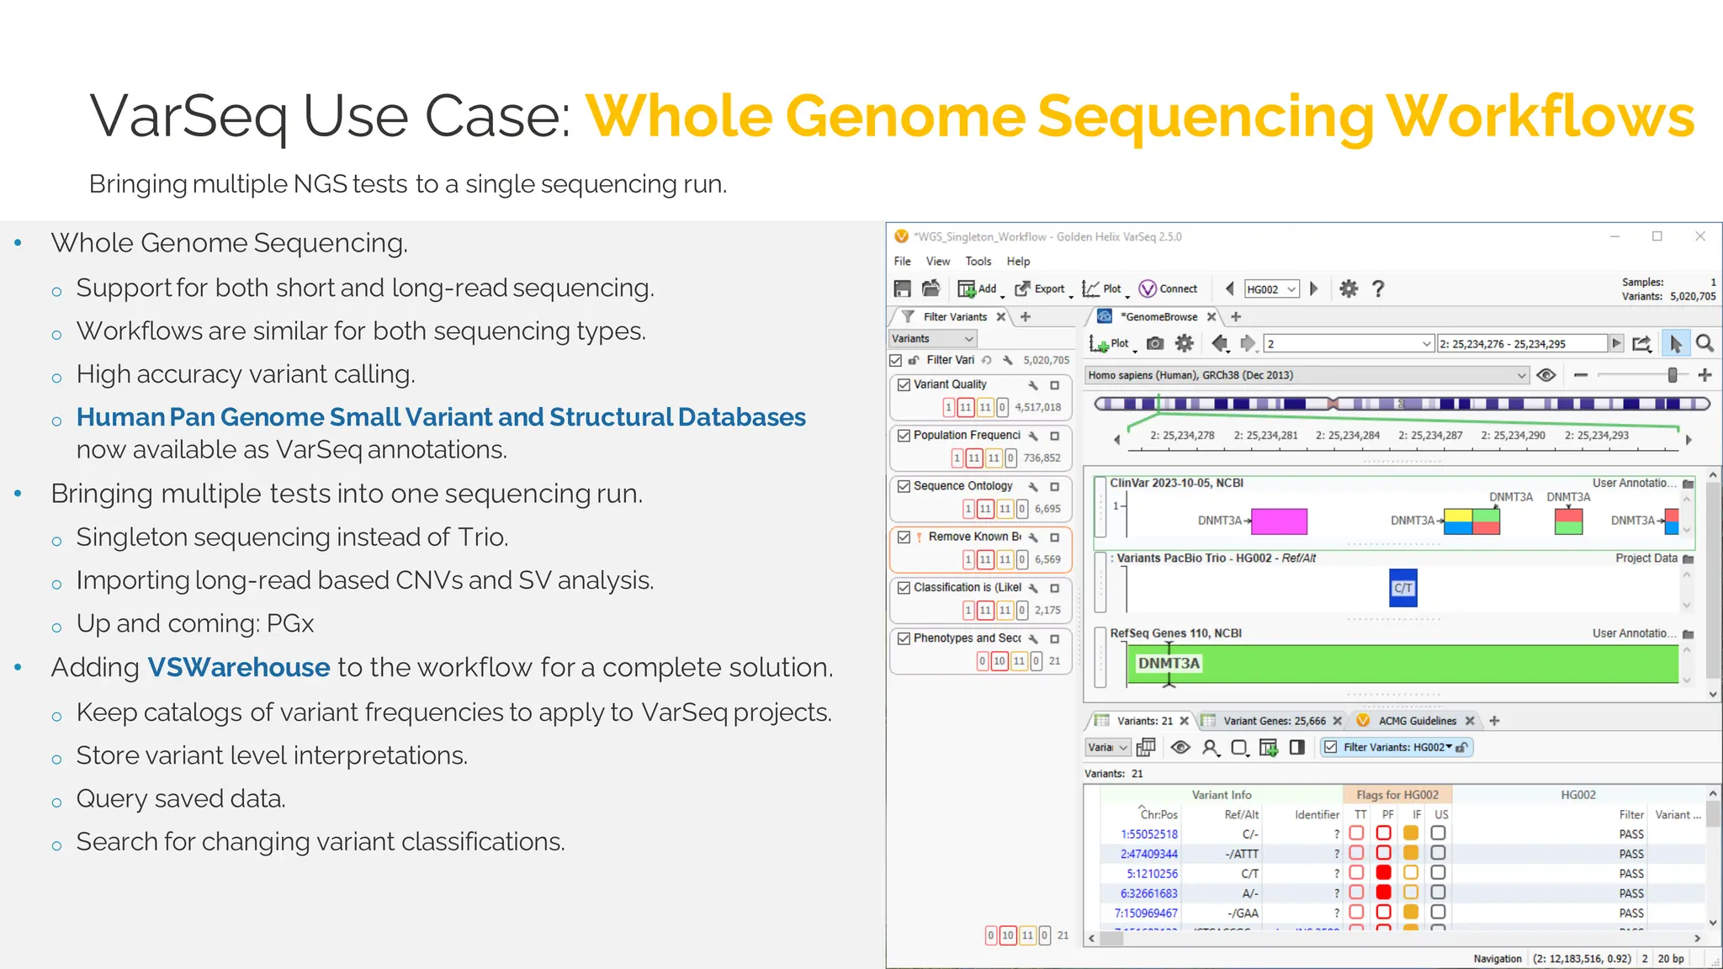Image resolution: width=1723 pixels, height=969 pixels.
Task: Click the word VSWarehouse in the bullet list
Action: pyautogui.click(x=239, y=668)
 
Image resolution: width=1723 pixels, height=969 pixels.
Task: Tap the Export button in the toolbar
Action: pyautogui.click(x=1041, y=289)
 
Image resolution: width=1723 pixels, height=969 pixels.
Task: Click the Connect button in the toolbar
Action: pyautogui.click(x=1169, y=289)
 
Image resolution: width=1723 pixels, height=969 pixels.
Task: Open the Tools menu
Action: pyautogui.click(x=978, y=262)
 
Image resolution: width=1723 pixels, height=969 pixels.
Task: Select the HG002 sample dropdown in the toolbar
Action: pyautogui.click(x=1271, y=289)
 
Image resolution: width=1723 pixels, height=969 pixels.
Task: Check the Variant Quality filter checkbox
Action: pyautogui.click(x=904, y=385)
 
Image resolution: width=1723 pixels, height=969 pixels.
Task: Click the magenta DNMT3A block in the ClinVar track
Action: pyautogui.click(x=1279, y=522)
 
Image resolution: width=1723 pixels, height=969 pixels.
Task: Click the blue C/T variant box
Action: pyautogui.click(x=1402, y=588)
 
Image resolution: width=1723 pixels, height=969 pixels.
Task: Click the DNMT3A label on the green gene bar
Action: pyautogui.click(x=1169, y=664)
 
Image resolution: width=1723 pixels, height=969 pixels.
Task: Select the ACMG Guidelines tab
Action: pyautogui.click(x=1417, y=721)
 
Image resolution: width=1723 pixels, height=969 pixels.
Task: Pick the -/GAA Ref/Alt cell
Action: pyautogui.click(x=1243, y=913)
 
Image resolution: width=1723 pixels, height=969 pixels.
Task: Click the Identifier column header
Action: pyautogui.click(x=1317, y=815)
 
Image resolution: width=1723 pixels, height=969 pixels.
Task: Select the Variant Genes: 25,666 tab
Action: pyautogui.click(x=1274, y=721)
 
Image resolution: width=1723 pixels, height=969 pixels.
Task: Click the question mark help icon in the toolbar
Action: pyautogui.click(x=1378, y=289)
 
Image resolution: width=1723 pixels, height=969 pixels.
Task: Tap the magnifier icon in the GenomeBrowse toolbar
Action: pyautogui.click(x=1704, y=343)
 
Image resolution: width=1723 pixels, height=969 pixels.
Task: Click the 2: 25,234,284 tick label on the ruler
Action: pyautogui.click(x=1347, y=436)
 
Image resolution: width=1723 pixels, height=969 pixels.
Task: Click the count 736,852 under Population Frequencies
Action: pyautogui.click(x=1042, y=458)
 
